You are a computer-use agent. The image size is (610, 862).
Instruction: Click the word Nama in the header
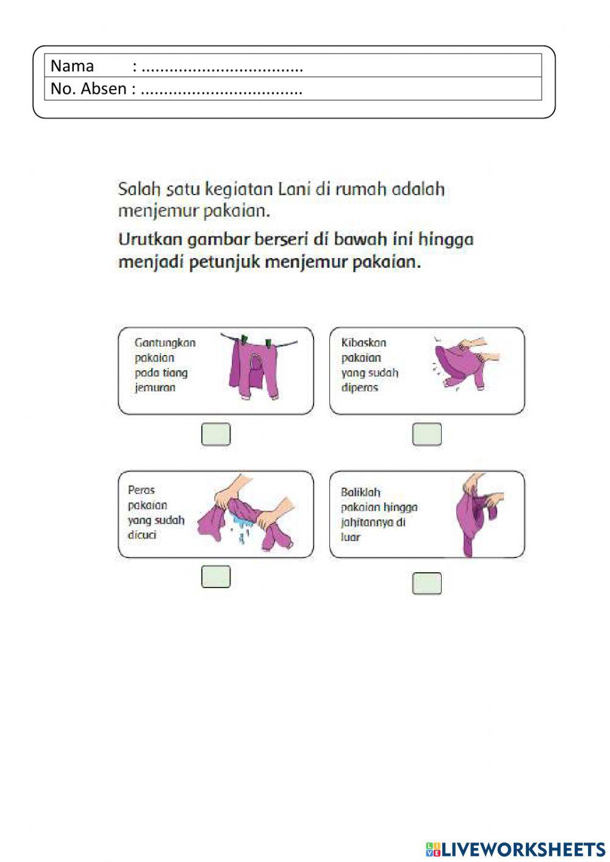coord(72,66)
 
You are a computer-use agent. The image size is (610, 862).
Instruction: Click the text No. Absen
coord(88,89)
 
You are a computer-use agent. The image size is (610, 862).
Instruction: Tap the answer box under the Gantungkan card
coord(216,434)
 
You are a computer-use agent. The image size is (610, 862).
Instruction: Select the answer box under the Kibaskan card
coord(427,434)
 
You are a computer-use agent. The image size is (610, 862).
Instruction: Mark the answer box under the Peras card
coord(216,576)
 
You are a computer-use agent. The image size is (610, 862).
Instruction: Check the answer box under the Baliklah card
coord(427,583)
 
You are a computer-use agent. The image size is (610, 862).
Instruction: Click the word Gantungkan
coord(165,343)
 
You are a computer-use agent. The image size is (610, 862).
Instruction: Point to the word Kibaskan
coord(364,343)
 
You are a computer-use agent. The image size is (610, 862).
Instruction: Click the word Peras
coord(142,490)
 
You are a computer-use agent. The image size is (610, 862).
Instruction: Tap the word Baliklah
coord(361,492)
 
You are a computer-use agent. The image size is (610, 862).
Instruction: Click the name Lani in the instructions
coord(295,189)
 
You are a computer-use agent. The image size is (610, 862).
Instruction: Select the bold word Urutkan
coord(150,239)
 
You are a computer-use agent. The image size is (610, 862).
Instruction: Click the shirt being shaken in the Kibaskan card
coord(461,366)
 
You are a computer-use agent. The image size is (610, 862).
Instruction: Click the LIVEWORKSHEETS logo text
coord(523,849)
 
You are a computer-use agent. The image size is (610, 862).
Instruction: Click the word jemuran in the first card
coord(155,387)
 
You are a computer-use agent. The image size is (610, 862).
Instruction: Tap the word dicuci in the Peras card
coord(142,535)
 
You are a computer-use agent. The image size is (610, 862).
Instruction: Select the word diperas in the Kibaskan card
coord(360,387)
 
